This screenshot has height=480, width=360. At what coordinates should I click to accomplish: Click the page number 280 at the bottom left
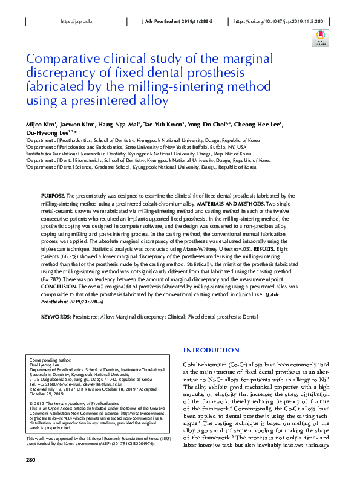point(31,460)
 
